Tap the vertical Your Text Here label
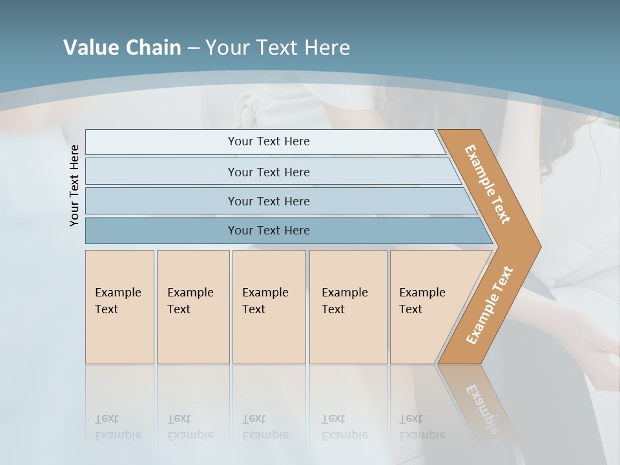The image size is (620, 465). click(74, 185)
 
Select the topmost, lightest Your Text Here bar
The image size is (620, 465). click(269, 141)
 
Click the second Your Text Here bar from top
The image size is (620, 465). click(269, 172)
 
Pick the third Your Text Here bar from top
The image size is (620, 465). click(269, 201)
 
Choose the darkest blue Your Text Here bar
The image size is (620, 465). click(269, 231)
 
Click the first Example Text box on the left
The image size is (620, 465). click(119, 307)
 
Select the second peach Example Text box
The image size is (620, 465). click(192, 307)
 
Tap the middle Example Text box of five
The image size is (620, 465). click(269, 307)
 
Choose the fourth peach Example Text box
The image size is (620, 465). click(347, 307)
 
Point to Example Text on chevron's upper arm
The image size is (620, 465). click(488, 184)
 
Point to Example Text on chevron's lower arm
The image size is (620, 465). click(489, 305)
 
